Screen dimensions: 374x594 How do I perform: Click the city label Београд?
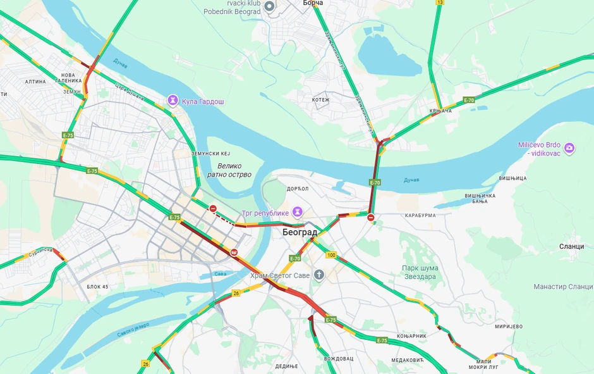click(x=300, y=232)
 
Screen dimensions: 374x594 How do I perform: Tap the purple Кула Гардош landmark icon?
click(x=173, y=101)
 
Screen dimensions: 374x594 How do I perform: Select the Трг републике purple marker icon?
click(x=297, y=211)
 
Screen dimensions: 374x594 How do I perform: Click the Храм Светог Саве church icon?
click(x=319, y=275)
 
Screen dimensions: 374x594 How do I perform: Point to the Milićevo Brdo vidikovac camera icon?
click(x=569, y=148)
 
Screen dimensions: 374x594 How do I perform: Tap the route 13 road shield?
click(x=439, y=3)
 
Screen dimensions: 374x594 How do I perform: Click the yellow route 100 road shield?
click(x=331, y=255)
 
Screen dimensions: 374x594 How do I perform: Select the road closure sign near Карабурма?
click(x=371, y=218)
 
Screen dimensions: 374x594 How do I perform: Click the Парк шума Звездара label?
click(x=420, y=272)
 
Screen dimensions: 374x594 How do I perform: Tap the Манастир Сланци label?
click(x=563, y=287)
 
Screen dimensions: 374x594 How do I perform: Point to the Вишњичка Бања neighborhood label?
click(x=480, y=198)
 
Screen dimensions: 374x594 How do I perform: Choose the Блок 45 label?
click(x=97, y=287)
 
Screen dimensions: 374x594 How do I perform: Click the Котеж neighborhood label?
click(x=321, y=99)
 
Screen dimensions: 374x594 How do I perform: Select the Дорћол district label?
click(x=297, y=189)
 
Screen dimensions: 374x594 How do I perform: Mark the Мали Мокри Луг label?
click(x=484, y=364)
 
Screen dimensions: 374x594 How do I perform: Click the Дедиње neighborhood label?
click(x=286, y=366)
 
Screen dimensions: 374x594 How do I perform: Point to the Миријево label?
click(x=509, y=326)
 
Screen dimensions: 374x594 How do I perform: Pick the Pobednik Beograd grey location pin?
click(x=269, y=6)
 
